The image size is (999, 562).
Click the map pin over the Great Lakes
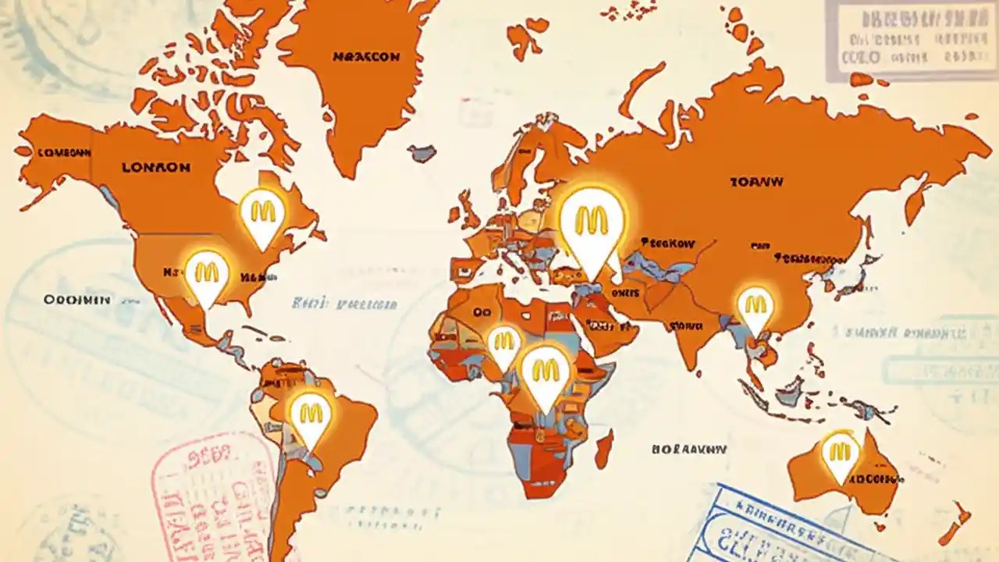coord(262,212)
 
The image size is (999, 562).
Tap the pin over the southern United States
coord(207,274)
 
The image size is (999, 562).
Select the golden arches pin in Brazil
coord(311,412)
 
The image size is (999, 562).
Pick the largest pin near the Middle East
coord(592,222)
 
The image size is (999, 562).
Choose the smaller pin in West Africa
coord(503,343)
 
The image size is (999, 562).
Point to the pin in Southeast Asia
coord(755,305)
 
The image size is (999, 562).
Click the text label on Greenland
coord(366,57)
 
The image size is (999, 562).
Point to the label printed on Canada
coord(156,167)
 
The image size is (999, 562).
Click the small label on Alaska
coord(63,153)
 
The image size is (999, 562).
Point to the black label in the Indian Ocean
coord(689,450)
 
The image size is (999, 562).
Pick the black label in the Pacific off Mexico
coord(76,300)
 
